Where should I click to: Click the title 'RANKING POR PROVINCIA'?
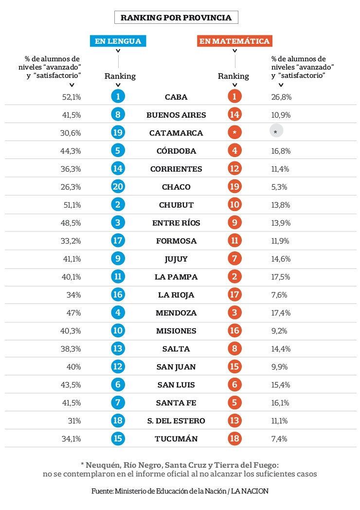[x=176, y=18]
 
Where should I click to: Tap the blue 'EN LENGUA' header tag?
[x=118, y=41]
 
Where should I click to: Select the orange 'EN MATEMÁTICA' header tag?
[x=234, y=41]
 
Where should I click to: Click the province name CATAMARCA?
[x=176, y=133]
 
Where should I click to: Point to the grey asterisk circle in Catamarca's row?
[x=276, y=132]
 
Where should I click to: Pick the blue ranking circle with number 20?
[x=118, y=186]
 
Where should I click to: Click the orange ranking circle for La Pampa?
[x=234, y=277]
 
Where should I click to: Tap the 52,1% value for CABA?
[x=72, y=97]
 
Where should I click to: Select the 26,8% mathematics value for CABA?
[x=281, y=97]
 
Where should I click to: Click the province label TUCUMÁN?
[x=176, y=439]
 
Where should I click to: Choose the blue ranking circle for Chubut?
[x=118, y=205]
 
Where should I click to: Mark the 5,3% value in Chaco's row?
[x=279, y=187]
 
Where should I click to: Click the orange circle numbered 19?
[x=234, y=186]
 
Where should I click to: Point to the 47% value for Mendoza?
[x=73, y=313]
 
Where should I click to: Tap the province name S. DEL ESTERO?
[x=176, y=421]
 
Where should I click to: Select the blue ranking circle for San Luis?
[x=118, y=385]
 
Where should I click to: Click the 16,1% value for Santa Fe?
[x=280, y=403]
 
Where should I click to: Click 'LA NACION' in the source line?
[x=250, y=491]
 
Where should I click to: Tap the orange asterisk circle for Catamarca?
[x=234, y=132]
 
